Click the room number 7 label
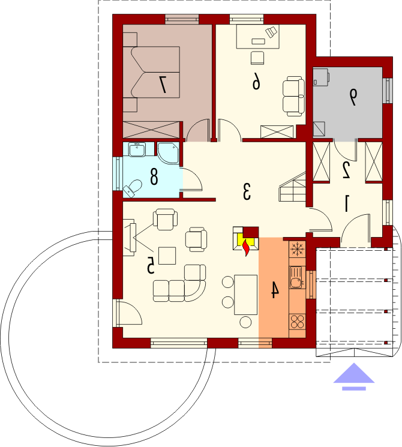pos(163,84)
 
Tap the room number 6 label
pos(256,81)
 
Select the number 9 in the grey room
pos(353,97)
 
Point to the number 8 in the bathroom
pos(154,177)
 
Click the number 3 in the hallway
pos(247,191)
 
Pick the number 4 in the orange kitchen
pos(274,290)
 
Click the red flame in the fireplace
pos(246,247)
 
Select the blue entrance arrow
pos(354,377)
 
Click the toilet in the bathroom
pos(133,188)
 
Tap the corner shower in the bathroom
pos(168,153)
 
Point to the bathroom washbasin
pos(137,149)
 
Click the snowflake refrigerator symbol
pos(298,249)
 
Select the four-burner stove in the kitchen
pos(298,321)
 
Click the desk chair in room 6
pos(257,58)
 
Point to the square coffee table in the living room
pos(167,256)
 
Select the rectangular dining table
pos(246,295)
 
